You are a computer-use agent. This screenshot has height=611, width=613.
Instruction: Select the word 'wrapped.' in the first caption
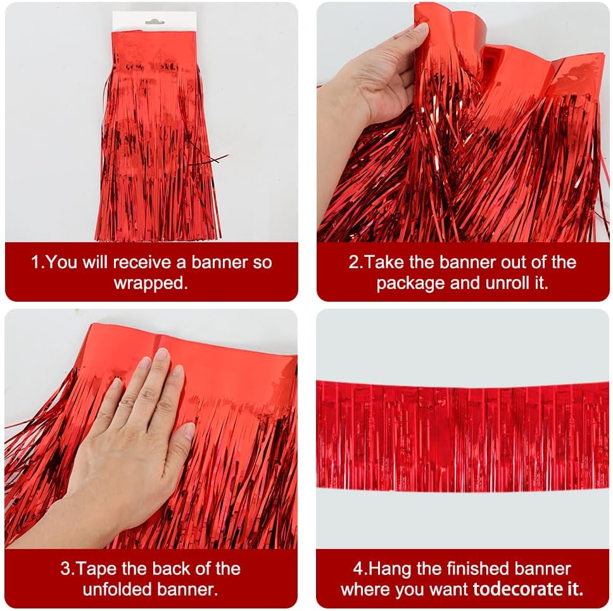click(151, 283)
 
